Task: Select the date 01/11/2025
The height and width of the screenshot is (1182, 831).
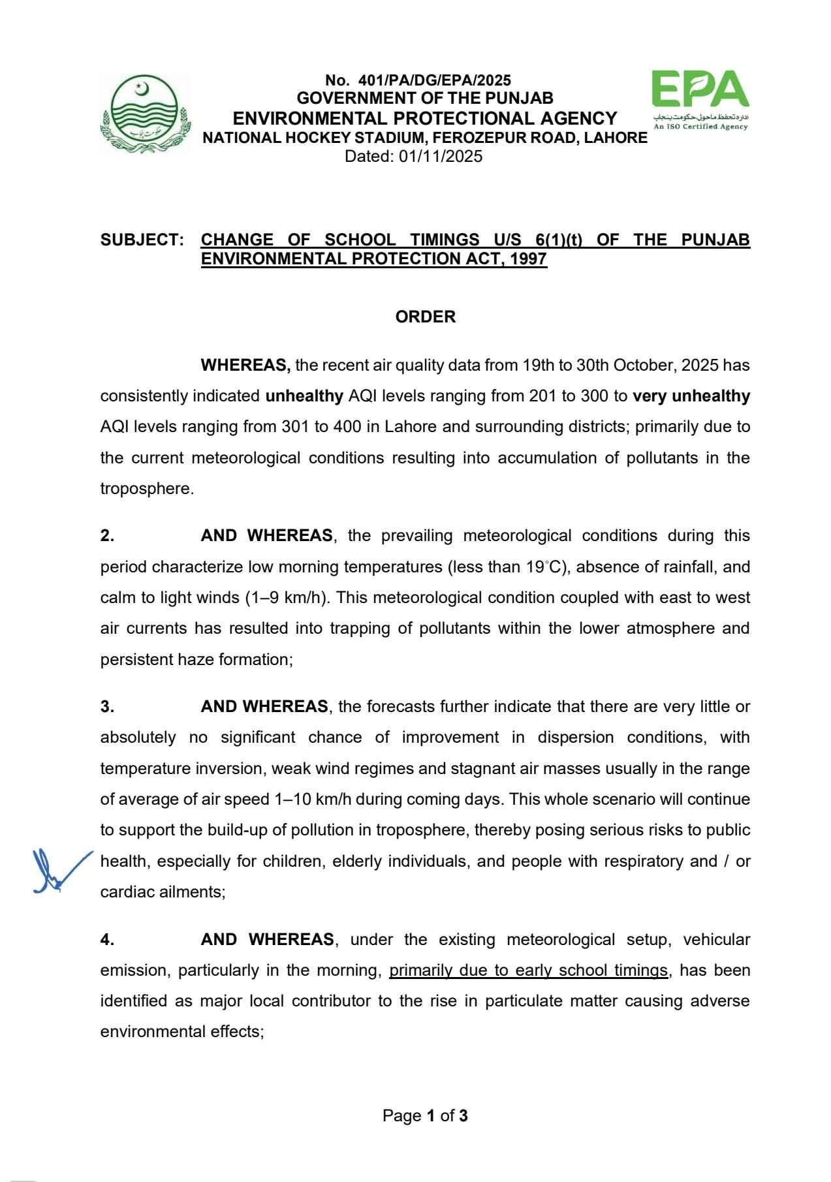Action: pos(441,157)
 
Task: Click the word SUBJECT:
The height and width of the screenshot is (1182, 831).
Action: pos(142,240)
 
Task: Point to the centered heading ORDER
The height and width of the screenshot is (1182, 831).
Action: pos(425,317)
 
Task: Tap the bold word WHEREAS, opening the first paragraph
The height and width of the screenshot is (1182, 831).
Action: pos(245,365)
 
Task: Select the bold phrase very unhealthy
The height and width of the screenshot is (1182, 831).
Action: pos(691,396)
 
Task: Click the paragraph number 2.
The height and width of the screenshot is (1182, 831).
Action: pos(107,536)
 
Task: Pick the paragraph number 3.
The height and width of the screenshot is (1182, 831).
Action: pos(107,707)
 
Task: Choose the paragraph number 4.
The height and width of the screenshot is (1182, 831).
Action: pos(107,940)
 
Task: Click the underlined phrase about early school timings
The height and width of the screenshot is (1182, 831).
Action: pos(529,971)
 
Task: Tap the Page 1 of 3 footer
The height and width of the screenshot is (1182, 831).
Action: pos(425,1116)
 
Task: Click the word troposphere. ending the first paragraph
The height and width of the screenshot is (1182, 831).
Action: pos(147,489)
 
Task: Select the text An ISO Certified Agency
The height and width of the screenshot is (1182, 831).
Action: pos(700,126)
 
